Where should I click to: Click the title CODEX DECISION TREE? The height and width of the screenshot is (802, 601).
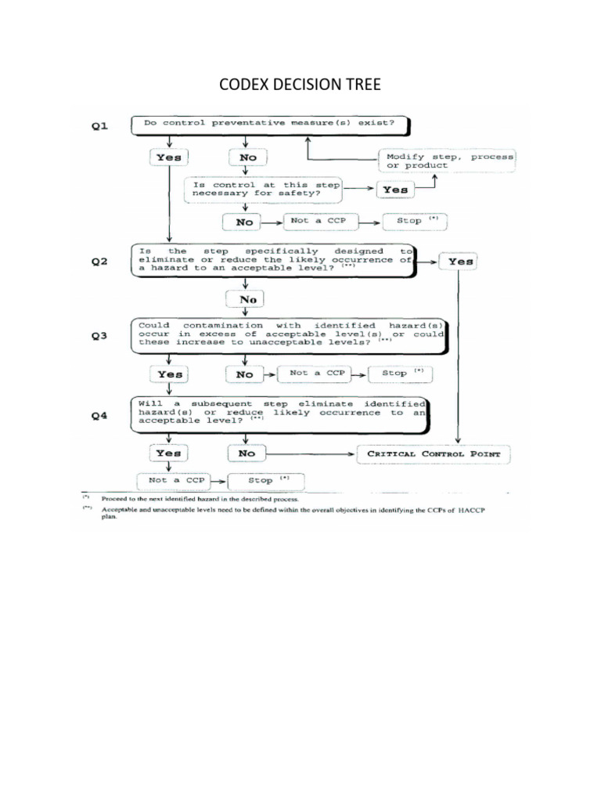tap(300, 85)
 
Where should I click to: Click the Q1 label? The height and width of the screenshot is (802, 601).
tap(99, 126)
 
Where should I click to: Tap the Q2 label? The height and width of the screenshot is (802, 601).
tap(99, 262)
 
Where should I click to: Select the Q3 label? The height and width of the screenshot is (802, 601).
tap(99, 335)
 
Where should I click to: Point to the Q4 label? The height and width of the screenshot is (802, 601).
tap(99, 416)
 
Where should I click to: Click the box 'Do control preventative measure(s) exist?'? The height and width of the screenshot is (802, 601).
tap(270, 125)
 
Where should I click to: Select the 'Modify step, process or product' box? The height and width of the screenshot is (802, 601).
tap(447, 161)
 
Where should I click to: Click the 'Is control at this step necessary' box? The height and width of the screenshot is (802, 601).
tap(263, 190)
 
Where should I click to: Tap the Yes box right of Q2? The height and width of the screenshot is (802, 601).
tap(459, 262)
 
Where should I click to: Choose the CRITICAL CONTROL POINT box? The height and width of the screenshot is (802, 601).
tap(434, 454)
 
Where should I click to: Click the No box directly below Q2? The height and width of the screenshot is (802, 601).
tap(245, 299)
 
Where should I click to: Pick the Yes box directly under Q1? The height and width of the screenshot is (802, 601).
tap(169, 157)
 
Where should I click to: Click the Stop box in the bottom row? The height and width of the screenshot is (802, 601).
tap(266, 481)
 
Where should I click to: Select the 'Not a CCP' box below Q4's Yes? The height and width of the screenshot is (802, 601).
tap(174, 480)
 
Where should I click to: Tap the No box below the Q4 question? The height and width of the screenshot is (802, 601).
tap(247, 453)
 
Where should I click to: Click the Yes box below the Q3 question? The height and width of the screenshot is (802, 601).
tap(169, 374)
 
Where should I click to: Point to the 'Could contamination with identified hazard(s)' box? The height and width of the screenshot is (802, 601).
tap(290, 336)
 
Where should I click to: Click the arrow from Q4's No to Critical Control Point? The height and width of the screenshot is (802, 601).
tap(310, 454)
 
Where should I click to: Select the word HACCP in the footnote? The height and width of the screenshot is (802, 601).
tap(472, 510)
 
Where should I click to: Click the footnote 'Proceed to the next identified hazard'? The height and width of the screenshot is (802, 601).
tap(200, 499)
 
